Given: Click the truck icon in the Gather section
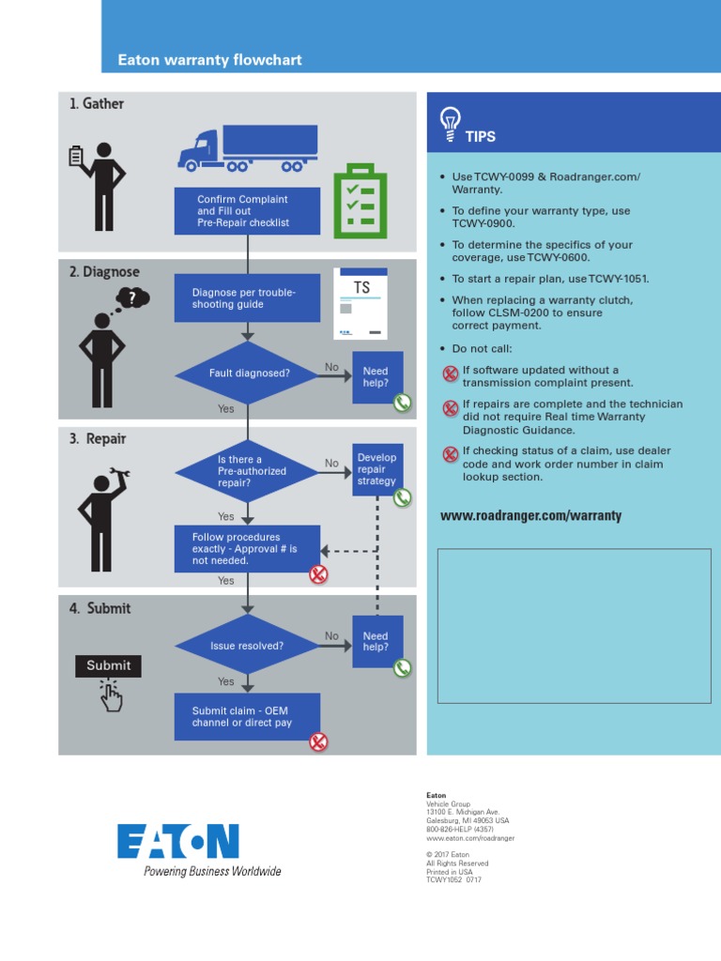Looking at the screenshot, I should (248, 148).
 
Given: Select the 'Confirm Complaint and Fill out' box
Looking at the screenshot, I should (247, 211).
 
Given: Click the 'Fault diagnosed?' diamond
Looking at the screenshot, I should (248, 373).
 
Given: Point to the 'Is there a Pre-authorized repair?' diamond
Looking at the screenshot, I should (248, 471).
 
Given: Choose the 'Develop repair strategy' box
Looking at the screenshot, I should (377, 469).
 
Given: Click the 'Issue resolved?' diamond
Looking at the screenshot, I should (248, 647).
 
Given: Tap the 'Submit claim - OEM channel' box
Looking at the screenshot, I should (247, 717).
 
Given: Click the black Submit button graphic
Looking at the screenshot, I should (109, 665).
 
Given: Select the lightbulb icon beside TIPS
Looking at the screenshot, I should (451, 121).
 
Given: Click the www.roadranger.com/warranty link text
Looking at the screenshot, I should (530, 516).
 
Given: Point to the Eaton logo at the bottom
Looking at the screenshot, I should (178, 842).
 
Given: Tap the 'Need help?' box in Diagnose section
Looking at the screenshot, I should (377, 377).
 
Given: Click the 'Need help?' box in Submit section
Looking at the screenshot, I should (377, 642).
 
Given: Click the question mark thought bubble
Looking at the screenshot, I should (132, 299).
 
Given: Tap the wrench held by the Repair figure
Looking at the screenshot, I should (120, 473).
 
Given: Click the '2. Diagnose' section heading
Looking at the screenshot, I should (104, 272).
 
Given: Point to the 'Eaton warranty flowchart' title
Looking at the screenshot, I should (209, 60).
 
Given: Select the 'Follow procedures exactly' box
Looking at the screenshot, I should (247, 549).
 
